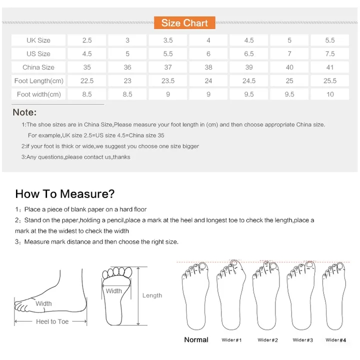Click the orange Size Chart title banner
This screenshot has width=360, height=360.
coord(184,23)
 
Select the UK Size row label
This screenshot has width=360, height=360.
coord(38,40)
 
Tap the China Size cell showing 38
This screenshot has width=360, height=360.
coord(208,67)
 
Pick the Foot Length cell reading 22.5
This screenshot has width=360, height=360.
coord(87,80)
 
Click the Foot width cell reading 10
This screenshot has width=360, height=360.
coord(330,94)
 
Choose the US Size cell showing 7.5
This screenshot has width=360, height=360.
coord(330,53)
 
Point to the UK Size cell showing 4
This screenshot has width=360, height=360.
coord(208,40)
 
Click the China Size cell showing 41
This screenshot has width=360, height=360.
coord(330,67)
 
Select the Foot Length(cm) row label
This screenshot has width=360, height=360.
coord(38,80)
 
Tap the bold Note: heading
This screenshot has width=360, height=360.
coord(24,112)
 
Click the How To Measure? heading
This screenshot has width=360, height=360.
coord(65,193)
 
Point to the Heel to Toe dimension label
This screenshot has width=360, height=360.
coord(52,321)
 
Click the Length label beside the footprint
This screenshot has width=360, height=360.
coord(152,295)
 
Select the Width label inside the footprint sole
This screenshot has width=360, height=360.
coord(113,291)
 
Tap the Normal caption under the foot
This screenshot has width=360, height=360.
coord(196,340)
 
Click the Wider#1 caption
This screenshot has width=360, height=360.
coord(231,340)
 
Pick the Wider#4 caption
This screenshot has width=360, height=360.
coord(335,340)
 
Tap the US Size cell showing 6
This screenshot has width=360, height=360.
coord(208,53)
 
